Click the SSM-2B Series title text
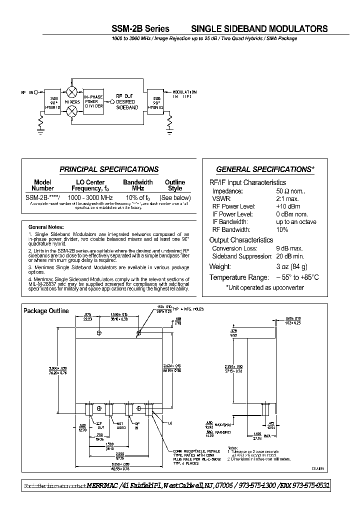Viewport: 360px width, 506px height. [139, 29]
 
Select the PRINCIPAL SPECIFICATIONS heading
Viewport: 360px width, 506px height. [109, 169]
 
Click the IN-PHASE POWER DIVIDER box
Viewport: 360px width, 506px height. [93, 100]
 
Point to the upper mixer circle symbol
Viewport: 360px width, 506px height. [71, 92]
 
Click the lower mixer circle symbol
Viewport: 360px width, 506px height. [71, 111]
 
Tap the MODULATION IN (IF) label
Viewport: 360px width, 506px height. [184, 94]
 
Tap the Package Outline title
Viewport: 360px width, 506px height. [46, 311]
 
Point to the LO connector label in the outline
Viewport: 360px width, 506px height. [170, 423]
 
